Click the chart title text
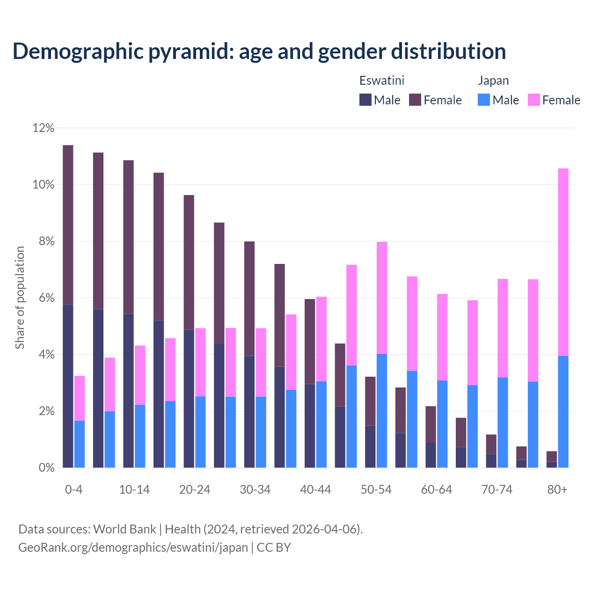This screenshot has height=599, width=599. coord(259,51)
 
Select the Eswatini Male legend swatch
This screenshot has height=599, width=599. coord(365,100)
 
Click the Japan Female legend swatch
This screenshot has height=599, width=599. coord(533,100)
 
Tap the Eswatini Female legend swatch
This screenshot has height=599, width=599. coord(415,100)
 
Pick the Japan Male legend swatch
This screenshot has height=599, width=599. coord(484,100)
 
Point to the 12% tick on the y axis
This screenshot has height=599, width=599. coord(44,128)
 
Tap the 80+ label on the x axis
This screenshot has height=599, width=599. coord(557,490)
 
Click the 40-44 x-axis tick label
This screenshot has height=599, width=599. coord(315,490)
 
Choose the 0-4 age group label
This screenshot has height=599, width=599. coord(74,490)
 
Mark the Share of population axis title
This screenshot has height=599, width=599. coord(20,298)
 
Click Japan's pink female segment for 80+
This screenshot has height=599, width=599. coord(563,262)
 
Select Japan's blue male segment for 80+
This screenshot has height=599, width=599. coord(563,412)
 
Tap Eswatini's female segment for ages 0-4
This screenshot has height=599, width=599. coord(68,225)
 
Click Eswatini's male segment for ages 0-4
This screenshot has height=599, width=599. coord(68,386)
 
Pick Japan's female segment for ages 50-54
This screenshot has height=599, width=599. coord(382,298)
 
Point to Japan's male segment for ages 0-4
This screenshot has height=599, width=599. coord(80,444)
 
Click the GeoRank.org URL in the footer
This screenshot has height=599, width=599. coord(133,548)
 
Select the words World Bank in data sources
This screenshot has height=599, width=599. coord(124,529)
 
